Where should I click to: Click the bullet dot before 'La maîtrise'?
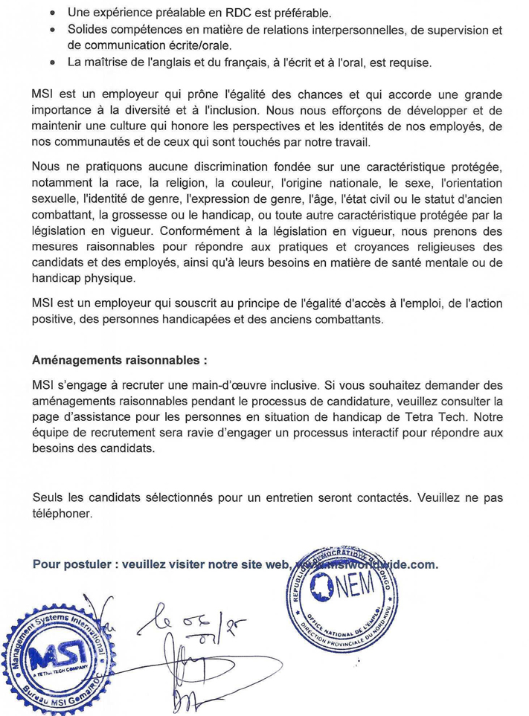point(50,62)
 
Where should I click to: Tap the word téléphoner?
point(62,513)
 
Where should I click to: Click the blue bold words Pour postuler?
point(70,564)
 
